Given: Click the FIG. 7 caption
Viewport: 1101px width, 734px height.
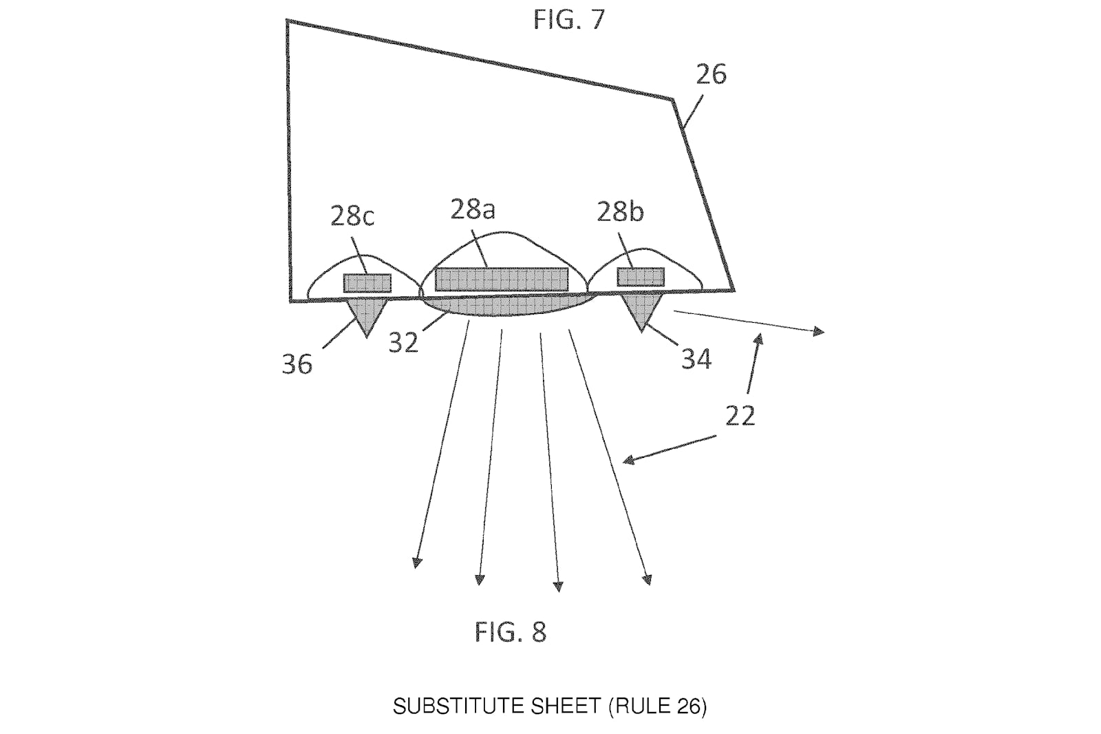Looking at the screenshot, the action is (x=568, y=20).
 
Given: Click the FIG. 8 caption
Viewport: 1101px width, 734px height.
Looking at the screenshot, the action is (x=510, y=631).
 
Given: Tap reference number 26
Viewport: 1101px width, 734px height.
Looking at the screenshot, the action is (x=712, y=75).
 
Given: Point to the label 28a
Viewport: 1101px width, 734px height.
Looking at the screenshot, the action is (x=473, y=209).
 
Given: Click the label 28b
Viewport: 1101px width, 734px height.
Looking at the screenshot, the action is (x=620, y=212).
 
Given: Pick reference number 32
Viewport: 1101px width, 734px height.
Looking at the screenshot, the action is (x=403, y=342).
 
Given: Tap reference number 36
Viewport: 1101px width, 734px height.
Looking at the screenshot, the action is (x=297, y=364).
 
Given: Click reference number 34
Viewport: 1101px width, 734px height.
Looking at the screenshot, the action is (x=696, y=359).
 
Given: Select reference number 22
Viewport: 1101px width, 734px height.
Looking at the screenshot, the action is (x=740, y=416).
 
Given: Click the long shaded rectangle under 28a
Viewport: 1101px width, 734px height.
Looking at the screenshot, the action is (x=502, y=280).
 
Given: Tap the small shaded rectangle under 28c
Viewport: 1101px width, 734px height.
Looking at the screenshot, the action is (x=367, y=284).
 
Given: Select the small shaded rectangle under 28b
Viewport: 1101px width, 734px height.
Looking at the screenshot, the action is (x=641, y=277).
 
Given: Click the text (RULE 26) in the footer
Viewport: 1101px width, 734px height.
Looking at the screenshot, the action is (x=657, y=706).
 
